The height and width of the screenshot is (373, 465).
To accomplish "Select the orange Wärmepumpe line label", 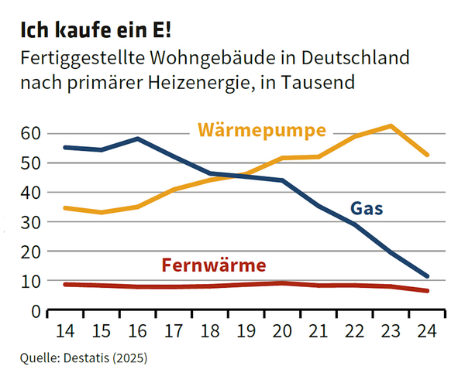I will coord(261,130).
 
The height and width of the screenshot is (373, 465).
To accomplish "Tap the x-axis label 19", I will coord(247,330).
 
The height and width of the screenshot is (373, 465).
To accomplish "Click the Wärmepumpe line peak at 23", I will coord(391,126).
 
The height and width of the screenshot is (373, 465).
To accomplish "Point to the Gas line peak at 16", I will coord(137,139).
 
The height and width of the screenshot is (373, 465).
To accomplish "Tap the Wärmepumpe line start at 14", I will coord(66,208).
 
